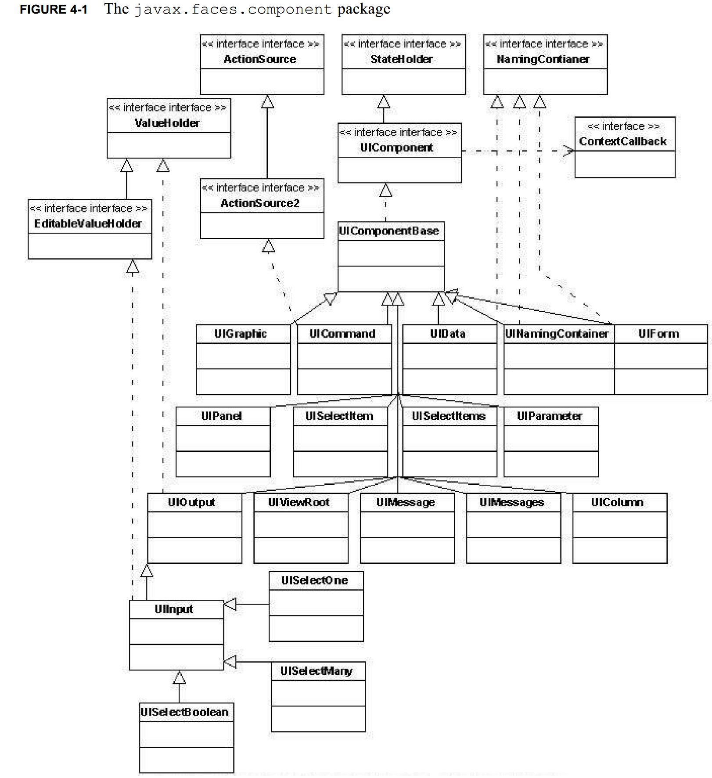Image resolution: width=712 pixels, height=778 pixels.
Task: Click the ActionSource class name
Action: [260, 59]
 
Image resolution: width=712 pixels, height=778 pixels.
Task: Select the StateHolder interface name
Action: [401, 59]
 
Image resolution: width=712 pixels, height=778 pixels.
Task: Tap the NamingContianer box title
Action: [543, 59]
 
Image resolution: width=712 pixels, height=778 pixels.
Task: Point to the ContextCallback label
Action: [622, 141]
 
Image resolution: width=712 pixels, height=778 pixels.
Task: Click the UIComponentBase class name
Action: [388, 231]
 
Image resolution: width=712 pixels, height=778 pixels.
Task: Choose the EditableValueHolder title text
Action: [88, 223]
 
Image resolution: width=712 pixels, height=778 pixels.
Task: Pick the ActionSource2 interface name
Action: [260, 203]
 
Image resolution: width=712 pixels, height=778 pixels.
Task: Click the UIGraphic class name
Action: [241, 334]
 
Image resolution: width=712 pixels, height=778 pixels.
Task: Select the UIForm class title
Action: [658, 334]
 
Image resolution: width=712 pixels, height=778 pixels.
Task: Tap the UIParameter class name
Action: [549, 416]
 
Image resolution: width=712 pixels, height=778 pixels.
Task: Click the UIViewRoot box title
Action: [298, 502]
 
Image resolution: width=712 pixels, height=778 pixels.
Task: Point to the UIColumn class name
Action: [617, 502]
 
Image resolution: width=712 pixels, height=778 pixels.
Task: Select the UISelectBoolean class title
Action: [184, 712]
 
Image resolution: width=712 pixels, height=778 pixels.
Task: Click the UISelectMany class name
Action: [316, 671]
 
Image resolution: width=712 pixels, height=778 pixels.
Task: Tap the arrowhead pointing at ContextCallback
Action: [569, 151]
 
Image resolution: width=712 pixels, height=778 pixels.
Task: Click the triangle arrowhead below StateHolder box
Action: [384, 102]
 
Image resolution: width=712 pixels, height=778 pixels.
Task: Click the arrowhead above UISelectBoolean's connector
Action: [179, 678]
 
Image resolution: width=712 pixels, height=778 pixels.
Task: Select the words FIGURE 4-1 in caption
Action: [54, 10]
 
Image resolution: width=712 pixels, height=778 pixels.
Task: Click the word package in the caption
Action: [363, 9]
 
